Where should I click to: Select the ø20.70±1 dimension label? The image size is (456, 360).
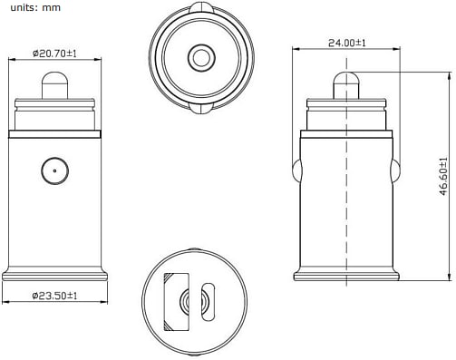tap(56, 54)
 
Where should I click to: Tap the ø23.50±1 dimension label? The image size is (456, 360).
tap(56, 296)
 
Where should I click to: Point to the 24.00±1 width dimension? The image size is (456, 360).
tap(346, 43)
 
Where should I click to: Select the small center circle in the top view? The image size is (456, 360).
tap(199, 59)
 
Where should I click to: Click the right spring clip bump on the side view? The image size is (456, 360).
tap(395, 170)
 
